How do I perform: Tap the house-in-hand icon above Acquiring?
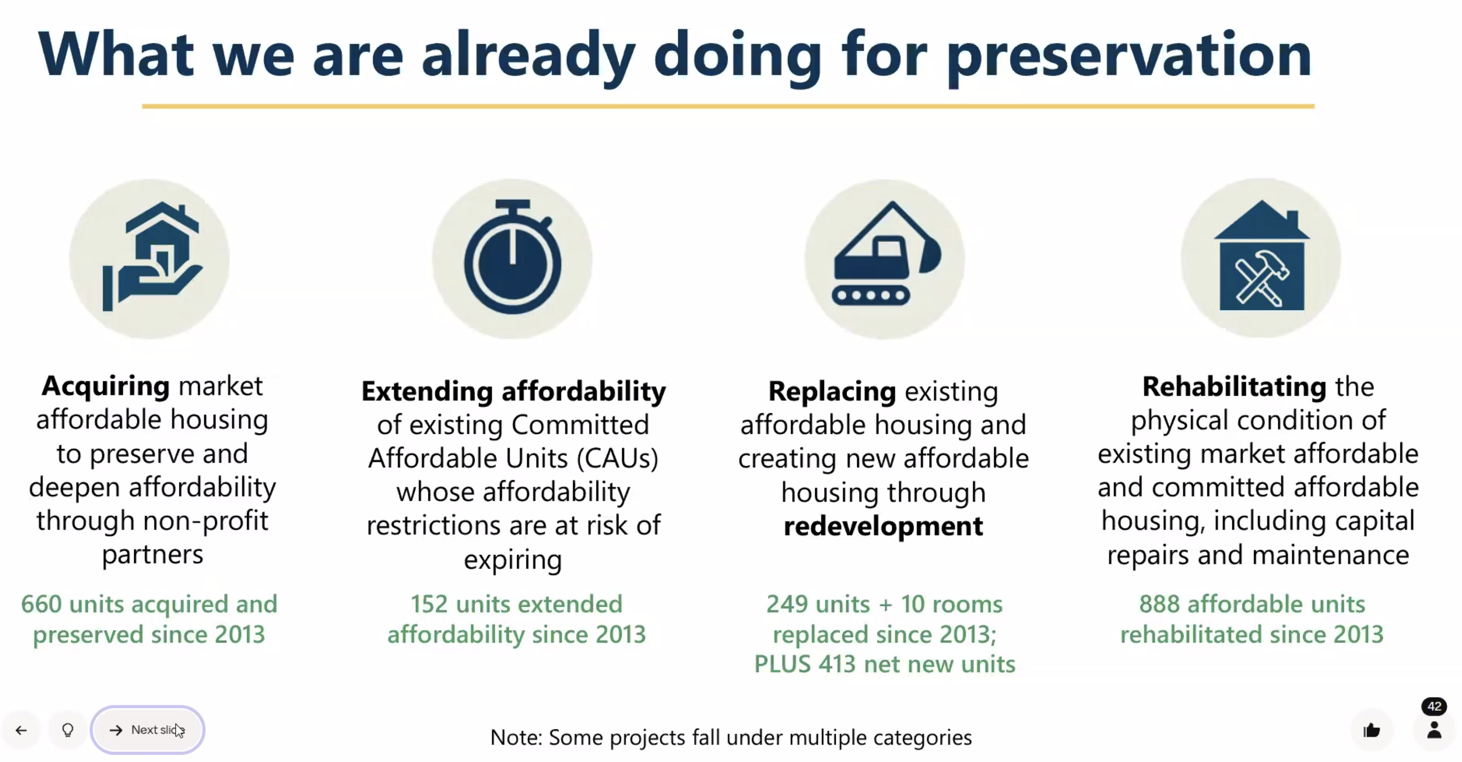pos(150,259)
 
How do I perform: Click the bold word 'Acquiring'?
pos(106,386)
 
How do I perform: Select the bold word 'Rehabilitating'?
pos(1234,387)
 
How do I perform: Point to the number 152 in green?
pos(429,604)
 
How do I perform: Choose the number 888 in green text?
pos(1159,604)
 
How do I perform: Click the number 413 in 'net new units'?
pos(837,664)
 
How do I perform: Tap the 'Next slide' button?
pos(147,730)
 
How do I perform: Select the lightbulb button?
pos(68,730)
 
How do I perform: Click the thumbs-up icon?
pos(1371,730)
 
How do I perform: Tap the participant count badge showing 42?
pos(1434,707)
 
